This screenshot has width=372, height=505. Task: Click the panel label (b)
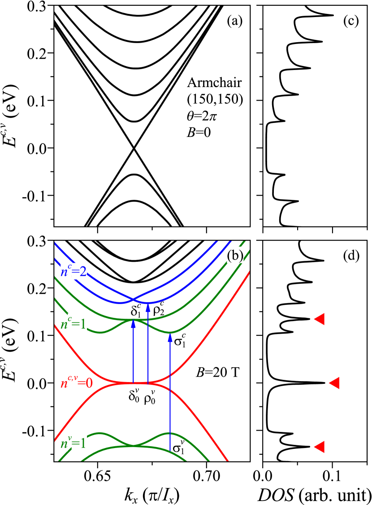(235, 255)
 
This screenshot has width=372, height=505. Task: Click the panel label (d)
(351, 255)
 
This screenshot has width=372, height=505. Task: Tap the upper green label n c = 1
(74, 323)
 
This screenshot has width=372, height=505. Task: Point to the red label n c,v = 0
(77, 383)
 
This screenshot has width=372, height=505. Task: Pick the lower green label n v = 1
(74, 443)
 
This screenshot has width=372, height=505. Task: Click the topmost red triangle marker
(319, 319)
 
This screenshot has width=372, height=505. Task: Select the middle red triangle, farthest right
(334, 383)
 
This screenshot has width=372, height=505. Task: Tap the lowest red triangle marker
(319, 447)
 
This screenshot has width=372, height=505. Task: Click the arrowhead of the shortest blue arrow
(133, 324)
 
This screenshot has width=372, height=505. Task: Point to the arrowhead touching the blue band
(148, 307)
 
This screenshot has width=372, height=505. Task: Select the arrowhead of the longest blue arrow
(170, 338)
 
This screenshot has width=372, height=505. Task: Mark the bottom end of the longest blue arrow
(170, 449)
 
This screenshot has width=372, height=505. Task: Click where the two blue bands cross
(133, 299)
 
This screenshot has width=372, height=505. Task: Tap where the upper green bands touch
(133, 319)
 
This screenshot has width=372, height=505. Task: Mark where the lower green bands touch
(134, 445)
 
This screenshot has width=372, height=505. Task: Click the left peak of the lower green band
(100, 433)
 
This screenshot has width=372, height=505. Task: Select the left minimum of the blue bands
(119, 303)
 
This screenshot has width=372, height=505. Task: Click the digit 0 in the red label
(89, 383)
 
